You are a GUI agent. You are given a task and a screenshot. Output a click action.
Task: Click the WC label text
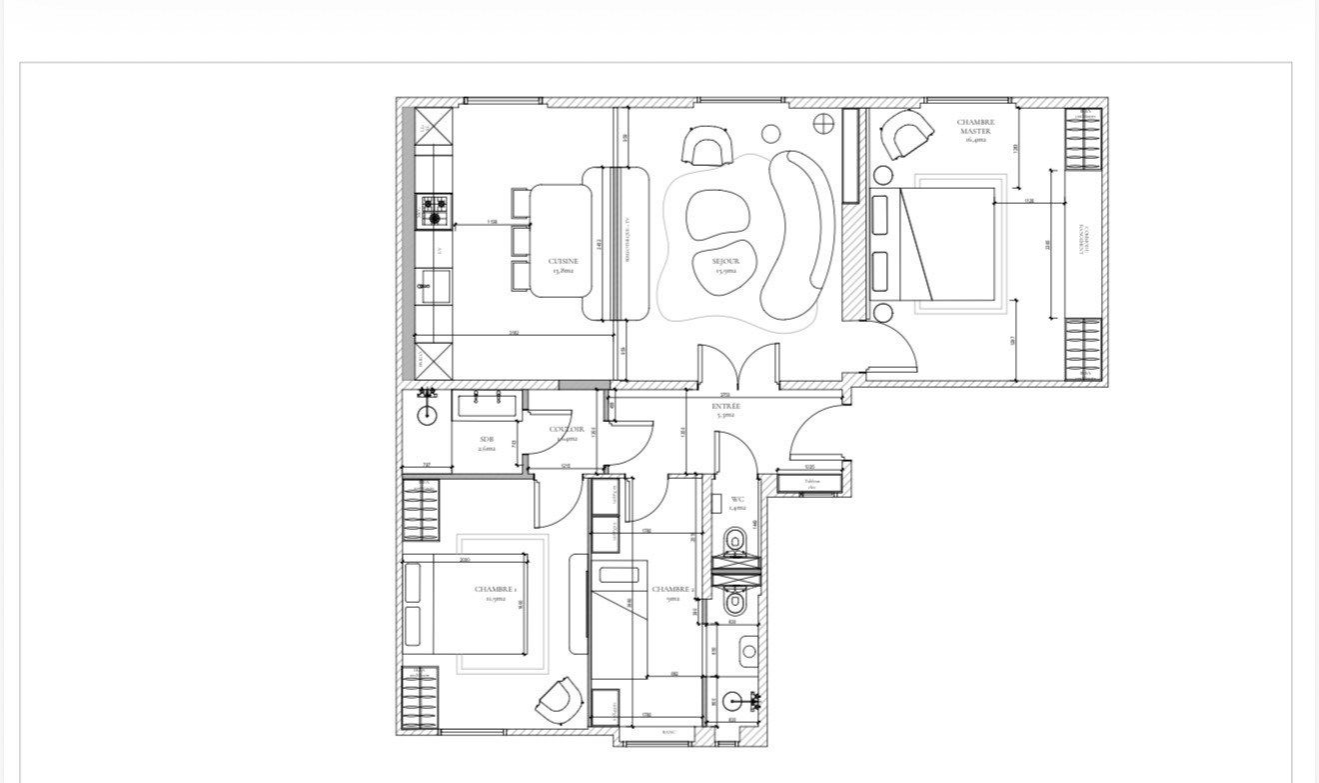point(737,502)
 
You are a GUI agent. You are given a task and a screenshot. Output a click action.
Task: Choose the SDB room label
point(487,443)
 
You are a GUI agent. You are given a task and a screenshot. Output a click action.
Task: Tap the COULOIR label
point(566,432)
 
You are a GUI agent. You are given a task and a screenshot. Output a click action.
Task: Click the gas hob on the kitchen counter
point(435,209)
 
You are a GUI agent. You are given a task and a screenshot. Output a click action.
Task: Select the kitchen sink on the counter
point(434,286)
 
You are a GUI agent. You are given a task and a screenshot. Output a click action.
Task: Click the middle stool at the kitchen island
point(521,241)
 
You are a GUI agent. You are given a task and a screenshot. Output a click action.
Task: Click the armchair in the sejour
point(706,148)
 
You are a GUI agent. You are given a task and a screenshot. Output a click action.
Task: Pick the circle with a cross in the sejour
point(823,123)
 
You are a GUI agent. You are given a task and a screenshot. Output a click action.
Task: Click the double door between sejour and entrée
point(737,366)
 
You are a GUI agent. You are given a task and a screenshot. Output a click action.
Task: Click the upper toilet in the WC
point(736,542)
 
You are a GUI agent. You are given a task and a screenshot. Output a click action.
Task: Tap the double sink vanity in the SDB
point(487,405)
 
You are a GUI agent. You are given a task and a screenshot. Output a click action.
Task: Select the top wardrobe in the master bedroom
point(1084,140)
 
